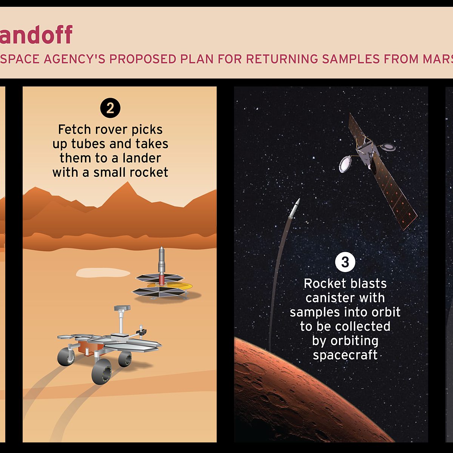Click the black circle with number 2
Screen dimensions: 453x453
pos(110,108)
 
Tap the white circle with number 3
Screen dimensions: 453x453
pos(345,262)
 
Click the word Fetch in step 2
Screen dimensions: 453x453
pos(74,129)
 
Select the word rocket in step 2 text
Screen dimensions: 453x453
pos(149,173)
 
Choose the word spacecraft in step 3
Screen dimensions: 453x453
pos(345,355)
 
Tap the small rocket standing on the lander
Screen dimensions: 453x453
pos(162,264)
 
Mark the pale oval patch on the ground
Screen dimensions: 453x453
pos(103,273)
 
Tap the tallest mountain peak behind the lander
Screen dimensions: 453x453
pos(128,185)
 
